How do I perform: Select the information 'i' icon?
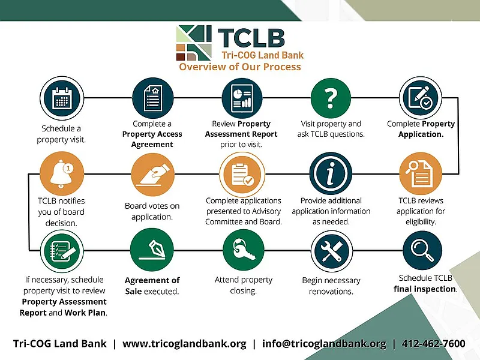330,174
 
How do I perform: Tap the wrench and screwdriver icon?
331,251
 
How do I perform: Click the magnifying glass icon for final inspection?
422,251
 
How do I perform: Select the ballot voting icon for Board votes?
151,174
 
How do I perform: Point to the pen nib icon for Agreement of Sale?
151,251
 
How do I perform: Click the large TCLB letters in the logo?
251,37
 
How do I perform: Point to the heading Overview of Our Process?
240,67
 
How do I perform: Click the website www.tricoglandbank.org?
184,344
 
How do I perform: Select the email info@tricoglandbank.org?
324,344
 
